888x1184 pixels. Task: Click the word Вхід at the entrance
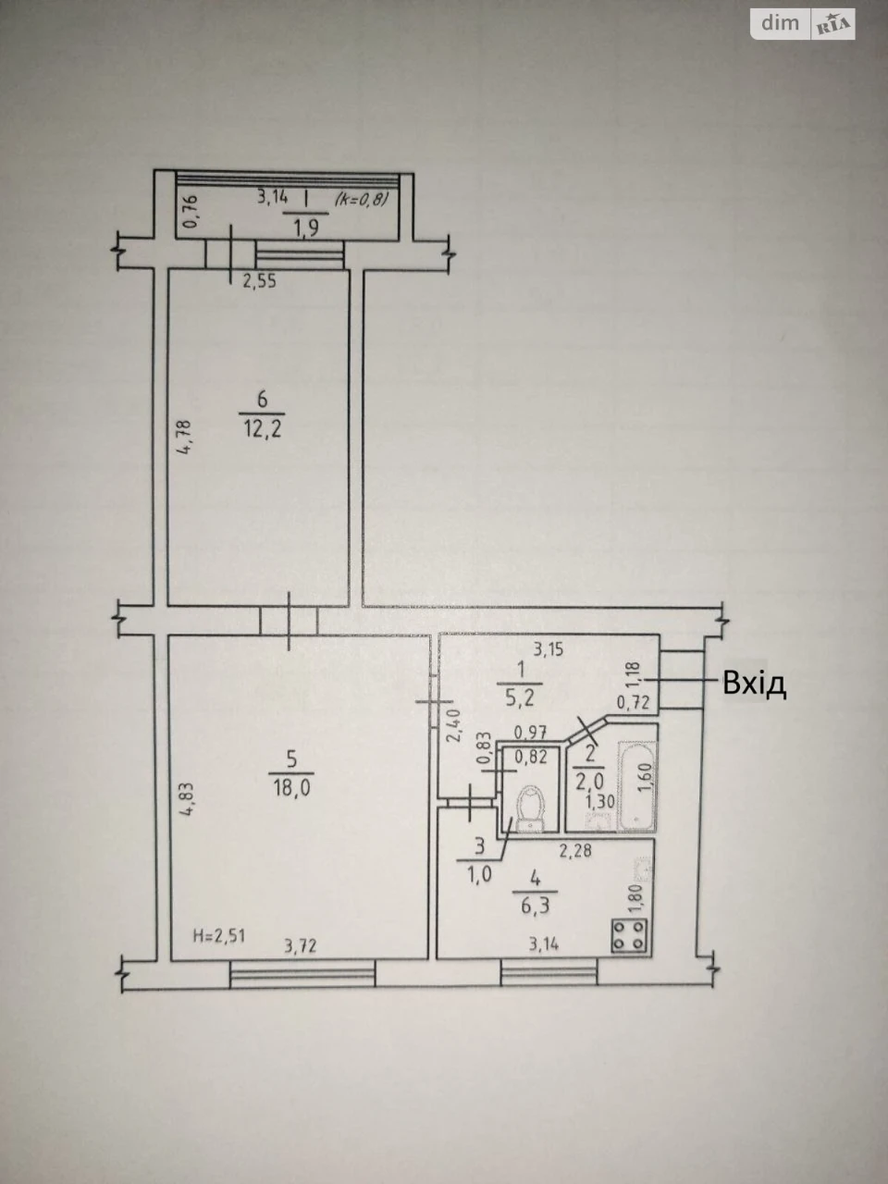pyautogui.click(x=754, y=684)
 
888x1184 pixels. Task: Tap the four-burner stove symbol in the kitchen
pyautogui.click(x=629, y=935)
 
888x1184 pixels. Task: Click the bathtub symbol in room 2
pyautogui.click(x=636, y=786)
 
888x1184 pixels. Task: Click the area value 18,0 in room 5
pyautogui.click(x=291, y=789)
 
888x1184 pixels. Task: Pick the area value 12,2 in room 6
pyautogui.click(x=262, y=429)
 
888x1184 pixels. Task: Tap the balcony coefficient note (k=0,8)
pyautogui.click(x=362, y=200)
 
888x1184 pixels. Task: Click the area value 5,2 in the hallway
pyautogui.click(x=520, y=698)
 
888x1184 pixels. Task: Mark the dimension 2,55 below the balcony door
pyautogui.click(x=259, y=281)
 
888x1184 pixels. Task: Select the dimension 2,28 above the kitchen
pyautogui.click(x=575, y=851)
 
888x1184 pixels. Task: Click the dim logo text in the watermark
pyautogui.click(x=780, y=22)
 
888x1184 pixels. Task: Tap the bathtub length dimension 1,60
pyautogui.click(x=647, y=777)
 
